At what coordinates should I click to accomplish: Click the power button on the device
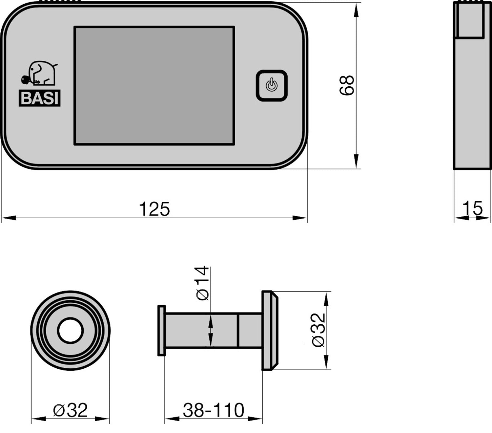[272, 85]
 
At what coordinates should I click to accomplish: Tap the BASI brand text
[40, 98]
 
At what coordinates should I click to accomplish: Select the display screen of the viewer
[154, 85]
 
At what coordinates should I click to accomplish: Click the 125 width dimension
[154, 209]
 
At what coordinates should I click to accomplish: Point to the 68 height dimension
[347, 85]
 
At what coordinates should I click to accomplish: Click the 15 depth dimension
[472, 208]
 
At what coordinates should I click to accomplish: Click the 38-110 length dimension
[214, 410]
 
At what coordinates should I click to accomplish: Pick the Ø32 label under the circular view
[70, 410]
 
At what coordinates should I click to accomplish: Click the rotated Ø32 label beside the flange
[318, 330]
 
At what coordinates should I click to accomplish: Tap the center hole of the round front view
[70, 331]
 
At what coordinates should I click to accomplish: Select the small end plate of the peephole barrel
[161, 330]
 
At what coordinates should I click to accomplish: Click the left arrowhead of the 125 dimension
[9, 218]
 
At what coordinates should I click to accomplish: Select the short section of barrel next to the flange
[250, 330]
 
